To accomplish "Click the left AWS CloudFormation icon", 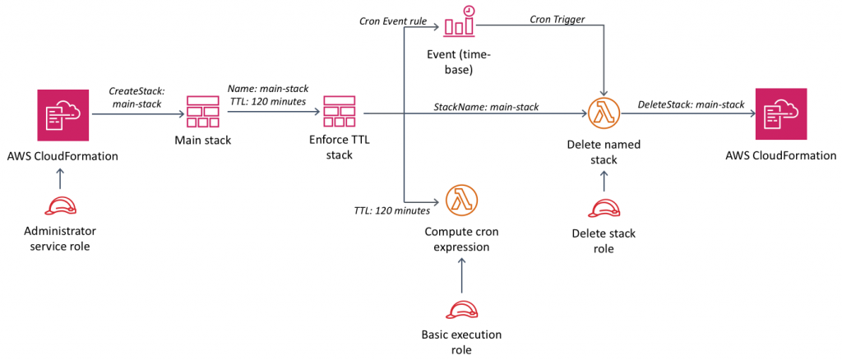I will coord(65,115).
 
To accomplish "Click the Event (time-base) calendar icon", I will coord(460,23).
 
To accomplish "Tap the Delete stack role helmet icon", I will coord(604,209).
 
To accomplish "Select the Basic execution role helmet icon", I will coord(461,308).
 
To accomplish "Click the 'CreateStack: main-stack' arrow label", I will coord(137,98).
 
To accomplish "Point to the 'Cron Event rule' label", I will coord(392,21).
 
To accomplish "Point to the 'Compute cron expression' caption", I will coord(461,239).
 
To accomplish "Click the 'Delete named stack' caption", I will coord(604,153).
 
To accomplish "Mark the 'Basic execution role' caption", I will coord(461,342).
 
